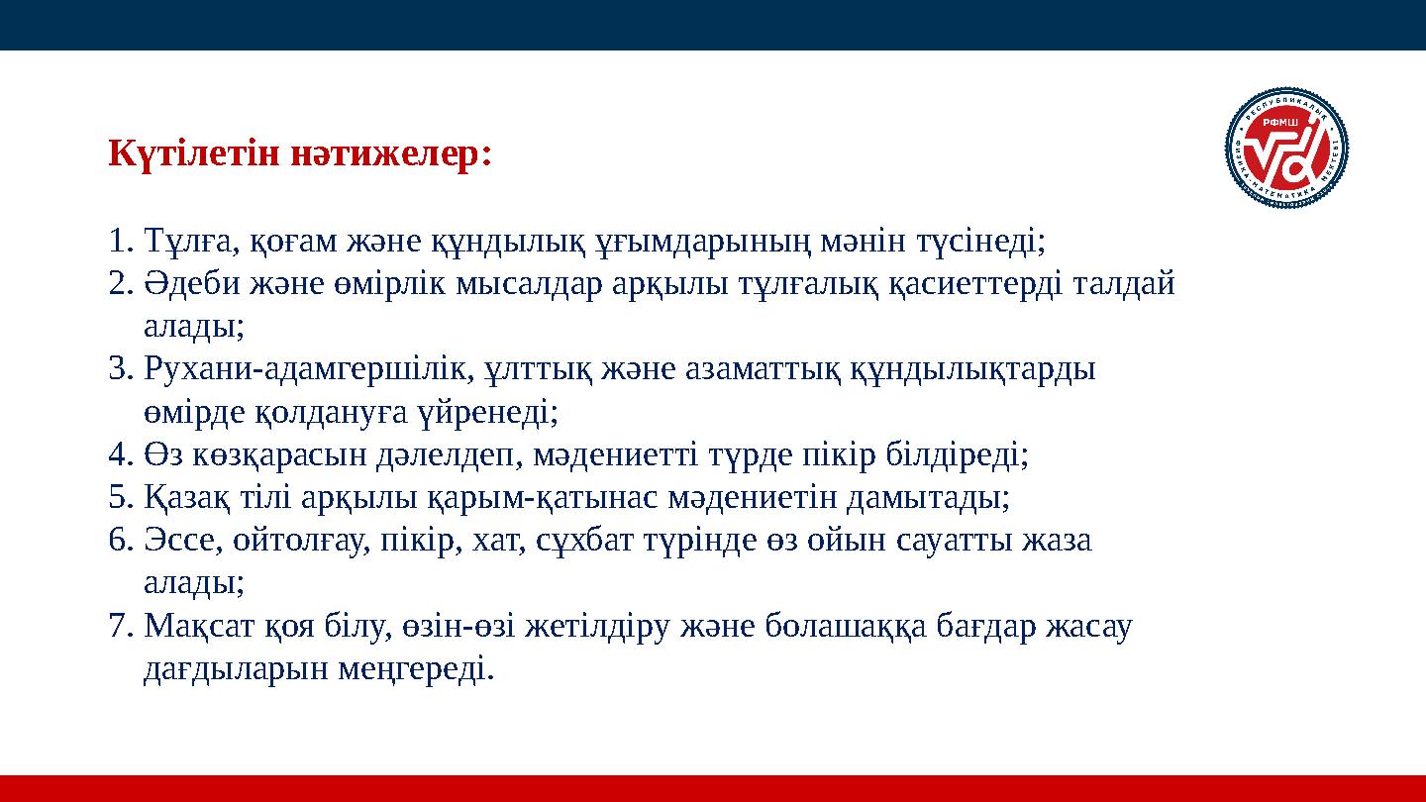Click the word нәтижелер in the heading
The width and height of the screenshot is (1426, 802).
[x=390, y=154]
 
